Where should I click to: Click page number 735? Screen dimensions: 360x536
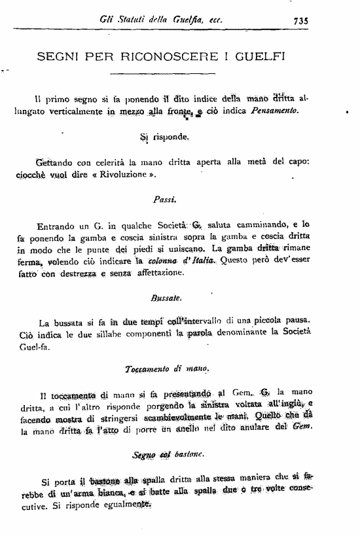[x=300, y=20]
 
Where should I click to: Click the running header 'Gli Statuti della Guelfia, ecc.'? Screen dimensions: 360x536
[x=160, y=20]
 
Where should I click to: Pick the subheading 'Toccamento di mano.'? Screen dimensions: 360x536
[x=166, y=370]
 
